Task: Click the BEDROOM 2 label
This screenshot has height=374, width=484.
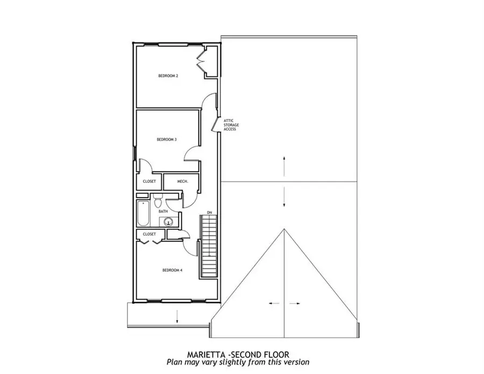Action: point(168,76)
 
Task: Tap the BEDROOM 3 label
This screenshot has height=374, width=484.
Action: point(167,139)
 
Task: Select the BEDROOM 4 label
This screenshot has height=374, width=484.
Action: point(173,270)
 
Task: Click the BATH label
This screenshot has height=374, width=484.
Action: point(162,211)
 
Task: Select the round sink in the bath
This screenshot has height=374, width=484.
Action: point(166,221)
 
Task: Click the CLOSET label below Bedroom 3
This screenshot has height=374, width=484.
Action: point(149,182)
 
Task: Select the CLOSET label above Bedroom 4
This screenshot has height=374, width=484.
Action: point(149,234)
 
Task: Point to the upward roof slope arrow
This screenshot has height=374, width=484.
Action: point(284,163)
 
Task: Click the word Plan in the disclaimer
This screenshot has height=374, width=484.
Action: point(175,362)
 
